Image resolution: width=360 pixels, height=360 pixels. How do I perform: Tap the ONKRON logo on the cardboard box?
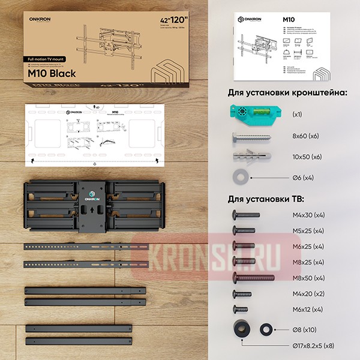point(41,17)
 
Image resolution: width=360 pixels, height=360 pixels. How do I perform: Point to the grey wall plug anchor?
point(249,157)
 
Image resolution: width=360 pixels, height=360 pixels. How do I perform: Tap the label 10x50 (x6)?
point(308,157)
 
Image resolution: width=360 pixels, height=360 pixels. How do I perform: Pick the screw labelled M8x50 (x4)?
point(253,278)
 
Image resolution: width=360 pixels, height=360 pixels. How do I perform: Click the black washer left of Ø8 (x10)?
point(265,329)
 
